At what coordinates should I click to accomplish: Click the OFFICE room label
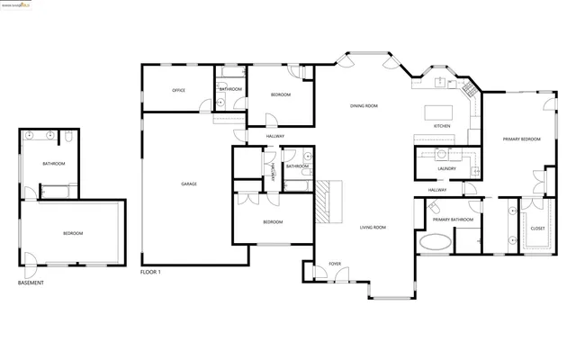178,90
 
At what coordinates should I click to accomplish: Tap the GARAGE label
189,184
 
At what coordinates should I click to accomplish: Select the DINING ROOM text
364,106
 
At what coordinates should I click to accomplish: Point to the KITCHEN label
442,126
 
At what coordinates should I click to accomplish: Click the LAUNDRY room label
445,168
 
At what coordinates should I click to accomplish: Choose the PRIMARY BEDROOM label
521,139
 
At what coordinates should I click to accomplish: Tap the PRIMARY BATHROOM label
453,220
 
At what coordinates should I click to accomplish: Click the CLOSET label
537,229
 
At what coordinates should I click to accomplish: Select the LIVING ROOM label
373,227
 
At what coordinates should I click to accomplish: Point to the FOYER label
335,264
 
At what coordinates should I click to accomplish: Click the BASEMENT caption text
31,283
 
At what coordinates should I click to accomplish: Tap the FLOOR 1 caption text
150,272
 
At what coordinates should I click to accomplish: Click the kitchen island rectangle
439,112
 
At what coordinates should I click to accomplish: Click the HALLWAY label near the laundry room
437,190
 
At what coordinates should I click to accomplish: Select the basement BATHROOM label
53,163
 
